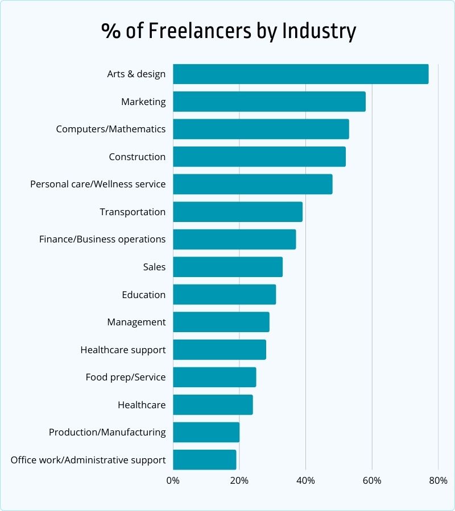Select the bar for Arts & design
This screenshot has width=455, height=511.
[x=300, y=74]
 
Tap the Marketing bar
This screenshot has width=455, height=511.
[x=269, y=102]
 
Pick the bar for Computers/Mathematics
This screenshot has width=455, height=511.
[x=260, y=129]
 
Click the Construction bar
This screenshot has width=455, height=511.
[x=259, y=157]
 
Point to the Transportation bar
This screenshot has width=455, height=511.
[x=237, y=212]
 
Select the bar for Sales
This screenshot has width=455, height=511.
[x=227, y=267]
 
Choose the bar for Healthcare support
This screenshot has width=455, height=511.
[x=219, y=349]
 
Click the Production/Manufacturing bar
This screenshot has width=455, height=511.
[x=206, y=432]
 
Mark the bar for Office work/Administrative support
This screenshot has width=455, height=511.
[x=204, y=459]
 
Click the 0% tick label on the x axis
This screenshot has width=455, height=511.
[x=173, y=480]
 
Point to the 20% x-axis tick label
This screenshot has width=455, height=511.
[x=239, y=480]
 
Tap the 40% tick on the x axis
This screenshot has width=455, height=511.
[x=305, y=480]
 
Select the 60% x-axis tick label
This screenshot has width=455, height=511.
[x=372, y=480]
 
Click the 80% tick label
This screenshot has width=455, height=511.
[x=438, y=480]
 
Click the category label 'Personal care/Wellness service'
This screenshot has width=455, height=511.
[x=98, y=184]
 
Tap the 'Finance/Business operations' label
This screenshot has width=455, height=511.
[x=102, y=239]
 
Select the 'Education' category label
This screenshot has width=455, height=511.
[x=143, y=295]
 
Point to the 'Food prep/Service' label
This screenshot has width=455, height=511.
[x=126, y=377]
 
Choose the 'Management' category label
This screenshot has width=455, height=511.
[x=136, y=322]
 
